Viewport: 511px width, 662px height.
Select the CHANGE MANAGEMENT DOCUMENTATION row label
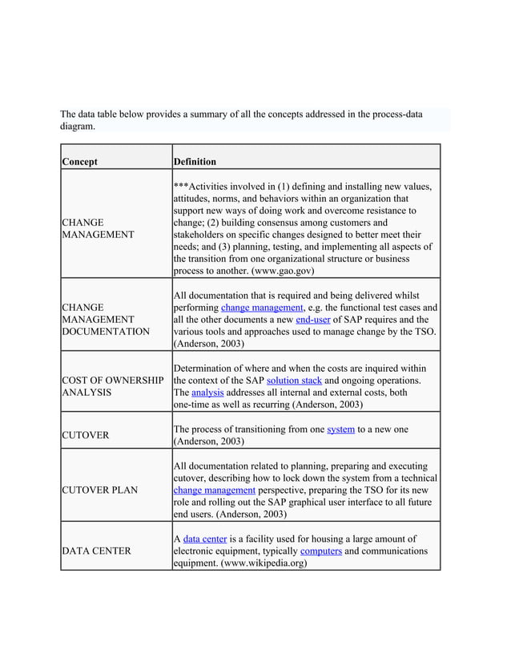click(106, 319)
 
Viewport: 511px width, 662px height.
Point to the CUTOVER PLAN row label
click(99, 490)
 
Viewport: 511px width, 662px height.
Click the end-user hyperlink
click(312, 319)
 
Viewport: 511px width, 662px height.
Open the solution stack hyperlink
click(294, 380)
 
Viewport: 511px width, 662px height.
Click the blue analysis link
click(207, 393)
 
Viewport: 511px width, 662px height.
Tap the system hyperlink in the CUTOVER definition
click(340, 429)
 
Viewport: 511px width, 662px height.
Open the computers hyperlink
click(321, 551)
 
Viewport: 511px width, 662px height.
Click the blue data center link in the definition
click(204, 539)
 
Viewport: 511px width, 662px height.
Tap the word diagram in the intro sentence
click(78, 126)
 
